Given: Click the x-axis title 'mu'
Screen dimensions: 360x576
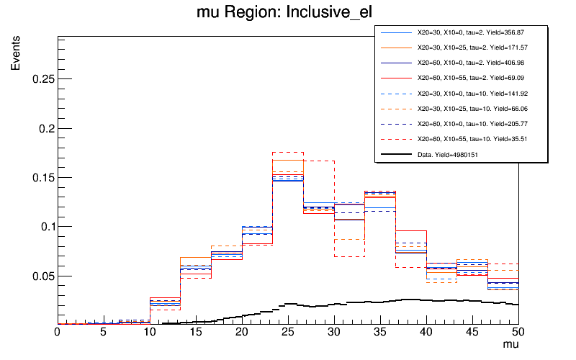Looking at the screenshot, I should pyautogui.click(x=510, y=345).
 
